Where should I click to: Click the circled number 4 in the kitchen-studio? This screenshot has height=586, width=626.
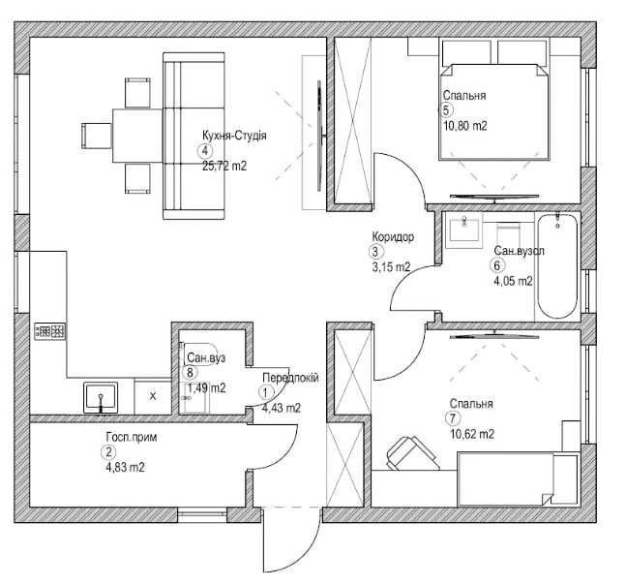205,151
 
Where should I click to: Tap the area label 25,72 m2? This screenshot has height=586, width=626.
224,166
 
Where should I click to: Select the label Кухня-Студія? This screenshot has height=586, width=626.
234,136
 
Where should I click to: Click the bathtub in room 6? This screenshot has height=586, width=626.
557,266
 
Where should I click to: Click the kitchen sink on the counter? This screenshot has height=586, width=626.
101,397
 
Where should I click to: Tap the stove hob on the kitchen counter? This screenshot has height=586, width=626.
50,331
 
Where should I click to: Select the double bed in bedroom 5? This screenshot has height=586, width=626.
493,111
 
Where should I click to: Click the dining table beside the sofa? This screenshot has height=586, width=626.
137,136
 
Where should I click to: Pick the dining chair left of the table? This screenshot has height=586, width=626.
96,136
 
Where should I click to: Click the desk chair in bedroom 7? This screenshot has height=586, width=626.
411,452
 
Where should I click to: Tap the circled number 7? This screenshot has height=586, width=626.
453,418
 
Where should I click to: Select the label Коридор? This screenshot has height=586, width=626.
393,237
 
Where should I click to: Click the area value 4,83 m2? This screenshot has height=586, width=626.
125,467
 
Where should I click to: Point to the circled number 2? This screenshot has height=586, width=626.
107,452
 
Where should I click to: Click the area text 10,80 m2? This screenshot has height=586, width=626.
465,126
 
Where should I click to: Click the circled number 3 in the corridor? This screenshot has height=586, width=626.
375,252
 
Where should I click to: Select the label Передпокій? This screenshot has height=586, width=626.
290,378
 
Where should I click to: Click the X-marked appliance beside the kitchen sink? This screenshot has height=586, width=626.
153,396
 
